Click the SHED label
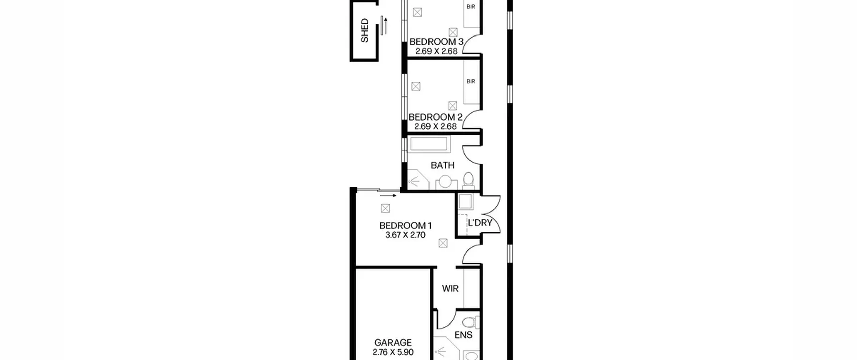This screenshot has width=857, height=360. pyautogui.click(x=364, y=30)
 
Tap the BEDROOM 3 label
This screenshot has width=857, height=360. pyautogui.click(x=436, y=42)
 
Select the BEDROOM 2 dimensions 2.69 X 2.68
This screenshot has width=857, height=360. pyautogui.click(x=436, y=126)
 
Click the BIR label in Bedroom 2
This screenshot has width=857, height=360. pyautogui.click(x=471, y=81)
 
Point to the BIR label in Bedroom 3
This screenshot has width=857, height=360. pyautogui.click(x=471, y=7)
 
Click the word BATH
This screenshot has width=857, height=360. pyautogui.click(x=442, y=165)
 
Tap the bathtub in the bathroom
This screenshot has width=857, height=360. pyautogui.click(x=428, y=144)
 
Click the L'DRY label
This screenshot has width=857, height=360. pyautogui.click(x=480, y=223)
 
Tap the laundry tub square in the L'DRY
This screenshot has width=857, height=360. pyautogui.click(x=465, y=202)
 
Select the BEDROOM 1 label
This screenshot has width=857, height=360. pyautogui.click(x=405, y=226)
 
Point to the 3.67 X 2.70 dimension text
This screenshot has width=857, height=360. pyautogui.click(x=405, y=235)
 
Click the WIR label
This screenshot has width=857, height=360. pyautogui.click(x=450, y=288)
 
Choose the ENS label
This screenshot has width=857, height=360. pyautogui.click(x=463, y=335)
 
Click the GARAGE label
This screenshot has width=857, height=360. pyautogui.click(x=393, y=343)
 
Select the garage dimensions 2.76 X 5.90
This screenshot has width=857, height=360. pyautogui.click(x=393, y=352)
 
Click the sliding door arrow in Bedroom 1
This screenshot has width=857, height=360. pyautogui.click(x=388, y=196)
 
